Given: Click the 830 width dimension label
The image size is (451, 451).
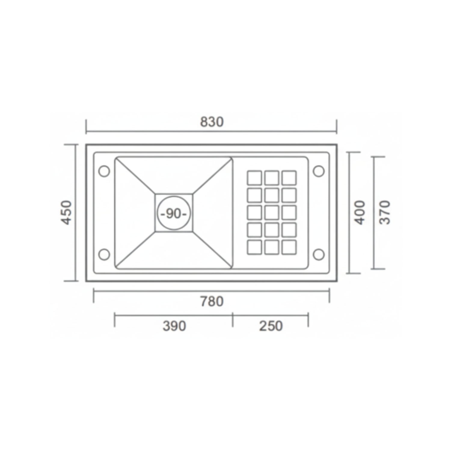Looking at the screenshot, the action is pyautogui.click(x=212, y=122).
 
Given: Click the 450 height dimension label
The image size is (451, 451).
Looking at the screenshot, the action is pyautogui.click(x=66, y=213).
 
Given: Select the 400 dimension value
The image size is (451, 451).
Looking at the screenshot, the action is pyautogui.click(x=360, y=213).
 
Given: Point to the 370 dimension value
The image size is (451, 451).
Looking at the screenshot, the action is pyautogui.click(x=385, y=213).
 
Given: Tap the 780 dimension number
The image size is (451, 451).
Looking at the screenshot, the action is pyautogui.click(x=212, y=301).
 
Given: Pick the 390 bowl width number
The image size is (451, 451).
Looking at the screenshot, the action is pyautogui.click(x=174, y=326).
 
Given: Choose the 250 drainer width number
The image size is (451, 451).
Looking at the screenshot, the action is pyautogui.click(x=271, y=326).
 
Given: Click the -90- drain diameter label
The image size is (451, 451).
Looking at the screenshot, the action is pyautogui.click(x=174, y=213).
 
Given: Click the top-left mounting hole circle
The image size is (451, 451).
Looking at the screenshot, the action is pyautogui.click(x=104, y=171).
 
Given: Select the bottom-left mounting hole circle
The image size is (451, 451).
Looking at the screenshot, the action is pyautogui.click(x=104, y=254).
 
